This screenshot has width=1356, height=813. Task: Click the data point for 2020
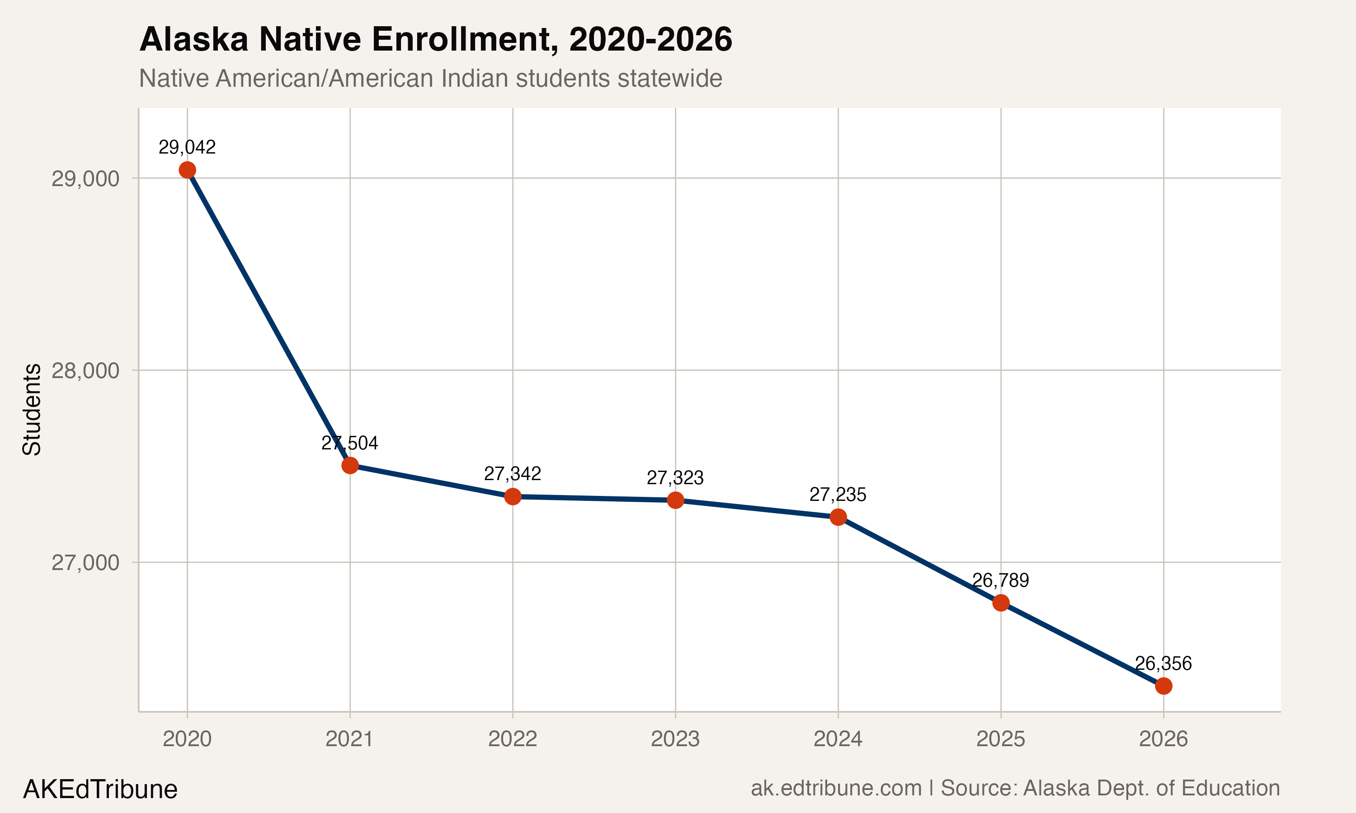pyautogui.click(x=187, y=170)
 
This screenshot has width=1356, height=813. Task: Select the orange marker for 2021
pyautogui.click(x=350, y=466)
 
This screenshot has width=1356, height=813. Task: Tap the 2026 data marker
pyautogui.click(x=1163, y=686)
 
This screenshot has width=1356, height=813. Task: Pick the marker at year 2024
pyautogui.click(x=838, y=517)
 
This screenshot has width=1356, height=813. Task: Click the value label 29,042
pyautogui.click(x=187, y=147)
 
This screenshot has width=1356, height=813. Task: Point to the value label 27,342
pyautogui.click(x=512, y=474)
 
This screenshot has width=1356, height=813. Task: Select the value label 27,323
pyautogui.click(x=675, y=478)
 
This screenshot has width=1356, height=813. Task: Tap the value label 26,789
pyautogui.click(x=1000, y=580)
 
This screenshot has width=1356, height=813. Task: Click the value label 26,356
pyautogui.click(x=1163, y=663)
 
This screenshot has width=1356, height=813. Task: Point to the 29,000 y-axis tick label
pyautogui.click(x=85, y=178)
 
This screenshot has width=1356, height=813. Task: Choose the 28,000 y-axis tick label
pyautogui.click(x=85, y=371)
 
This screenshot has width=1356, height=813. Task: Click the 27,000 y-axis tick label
pyautogui.click(x=85, y=563)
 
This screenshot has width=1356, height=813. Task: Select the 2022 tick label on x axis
pyautogui.click(x=512, y=739)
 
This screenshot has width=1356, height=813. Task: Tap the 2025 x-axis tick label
pyautogui.click(x=1000, y=739)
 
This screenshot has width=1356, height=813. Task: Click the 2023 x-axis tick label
pyautogui.click(x=675, y=739)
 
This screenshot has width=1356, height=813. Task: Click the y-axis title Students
pyautogui.click(x=32, y=409)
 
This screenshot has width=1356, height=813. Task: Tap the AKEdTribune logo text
pyautogui.click(x=100, y=790)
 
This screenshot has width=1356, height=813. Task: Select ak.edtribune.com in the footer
pyautogui.click(x=836, y=788)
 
